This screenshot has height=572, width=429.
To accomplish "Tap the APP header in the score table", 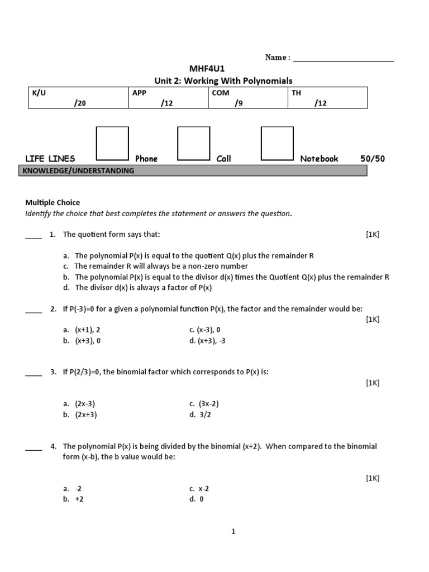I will point(139,93).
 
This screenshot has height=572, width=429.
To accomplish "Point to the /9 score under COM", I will point(239,103).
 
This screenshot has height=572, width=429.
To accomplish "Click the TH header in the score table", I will point(296,93).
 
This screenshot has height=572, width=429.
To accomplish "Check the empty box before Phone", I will point(112,144).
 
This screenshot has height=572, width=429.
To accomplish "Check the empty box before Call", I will point(193,144).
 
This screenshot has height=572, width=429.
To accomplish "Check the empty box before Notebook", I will point(277,144).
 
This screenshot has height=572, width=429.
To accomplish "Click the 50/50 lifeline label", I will point(373,159).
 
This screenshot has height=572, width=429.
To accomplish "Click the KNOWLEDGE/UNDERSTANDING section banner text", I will point(78,171).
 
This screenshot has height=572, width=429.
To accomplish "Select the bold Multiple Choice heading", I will point(53,203).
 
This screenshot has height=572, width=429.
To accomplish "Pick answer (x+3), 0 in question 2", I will point(88,341).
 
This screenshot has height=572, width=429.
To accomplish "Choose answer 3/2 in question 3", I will point(201,414).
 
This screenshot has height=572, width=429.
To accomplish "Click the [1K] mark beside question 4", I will point(373,478).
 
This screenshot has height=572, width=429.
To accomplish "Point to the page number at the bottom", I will point(233,532).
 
